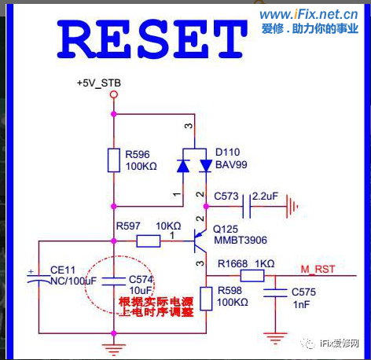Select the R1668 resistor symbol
coord(252,275)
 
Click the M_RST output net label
coord(318,269)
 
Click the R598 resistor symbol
coord(206,298)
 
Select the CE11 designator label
coord(61,268)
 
